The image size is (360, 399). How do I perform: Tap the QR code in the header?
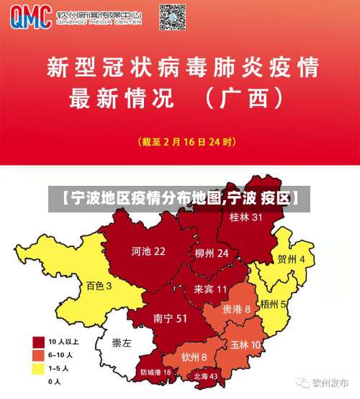pyautogui.click(x=173, y=15)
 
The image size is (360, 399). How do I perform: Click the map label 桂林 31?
pyautogui.click(x=246, y=217)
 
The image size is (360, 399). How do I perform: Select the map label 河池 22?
pyautogui.click(x=148, y=251)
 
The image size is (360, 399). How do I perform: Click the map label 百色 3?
pyautogui.click(x=99, y=286)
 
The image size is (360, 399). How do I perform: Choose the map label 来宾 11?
pyautogui.click(x=210, y=289)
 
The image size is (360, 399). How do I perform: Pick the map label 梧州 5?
pyautogui.click(x=274, y=304)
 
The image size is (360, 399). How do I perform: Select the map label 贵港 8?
pyautogui.click(x=236, y=308)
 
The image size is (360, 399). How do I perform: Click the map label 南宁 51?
pyautogui.click(x=171, y=318)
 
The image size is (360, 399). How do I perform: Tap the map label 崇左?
pyautogui.click(x=122, y=344)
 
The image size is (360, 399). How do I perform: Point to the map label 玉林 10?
pyautogui.click(x=246, y=344)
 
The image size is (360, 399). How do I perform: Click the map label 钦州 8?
pyautogui.click(x=194, y=357)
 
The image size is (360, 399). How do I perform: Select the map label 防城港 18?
pyautogui.click(x=156, y=372)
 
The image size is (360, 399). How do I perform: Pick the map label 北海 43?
pyautogui.click(x=205, y=376)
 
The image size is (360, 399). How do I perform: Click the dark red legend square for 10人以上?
pyautogui.click(x=38, y=341)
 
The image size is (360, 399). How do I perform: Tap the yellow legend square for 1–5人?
pyautogui.click(x=38, y=368)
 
